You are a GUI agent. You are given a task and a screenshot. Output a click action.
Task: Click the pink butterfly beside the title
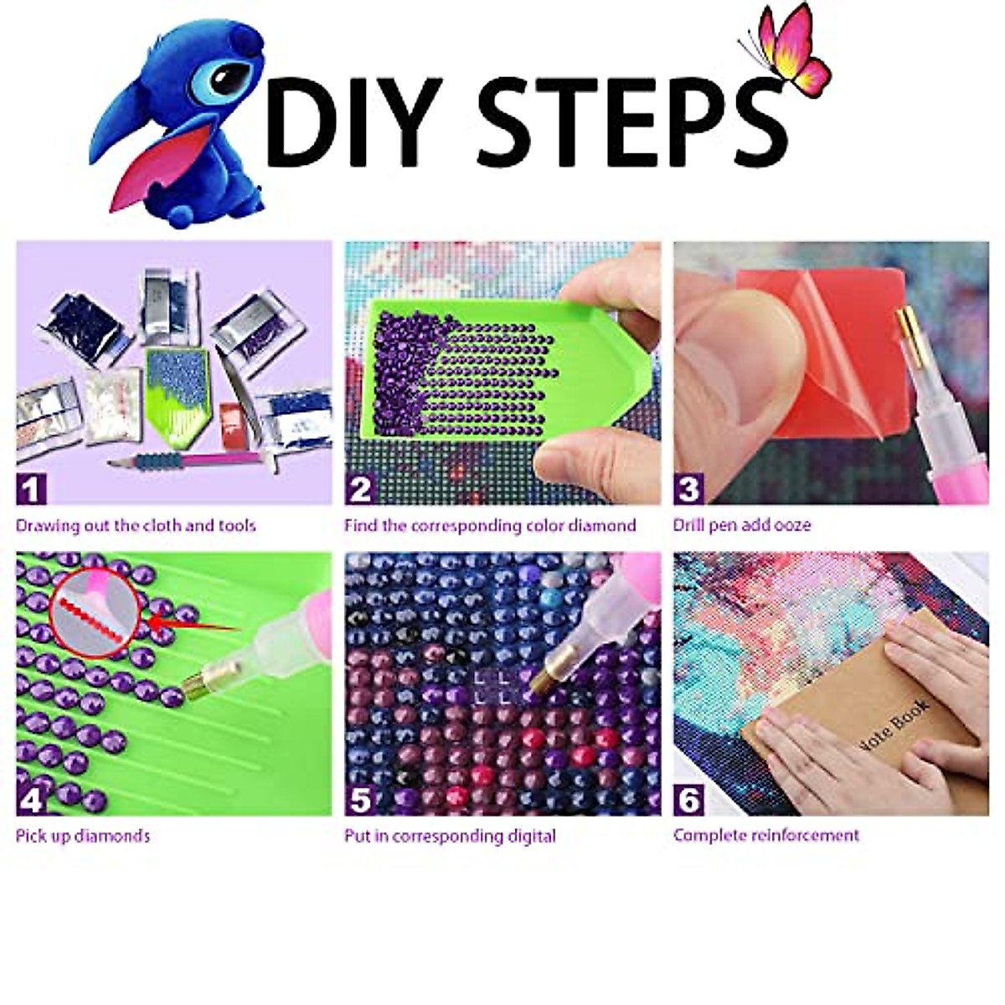tap(791, 50)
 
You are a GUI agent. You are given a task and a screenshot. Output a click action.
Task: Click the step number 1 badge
tap(31, 488)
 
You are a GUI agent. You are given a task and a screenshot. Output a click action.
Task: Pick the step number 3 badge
tap(688, 488)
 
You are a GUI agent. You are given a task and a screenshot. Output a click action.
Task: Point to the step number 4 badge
tap(31, 800)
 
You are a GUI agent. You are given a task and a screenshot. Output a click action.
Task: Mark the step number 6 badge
tap(688, 800)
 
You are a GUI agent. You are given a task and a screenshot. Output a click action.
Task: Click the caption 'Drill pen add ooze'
tap(742, 526)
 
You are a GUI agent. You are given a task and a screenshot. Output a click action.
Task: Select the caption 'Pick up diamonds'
tap(83, 836)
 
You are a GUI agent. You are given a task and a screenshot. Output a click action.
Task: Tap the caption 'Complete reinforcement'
tap(766, 836)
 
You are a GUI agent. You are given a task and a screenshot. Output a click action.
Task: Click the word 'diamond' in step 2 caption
tap(602, 526)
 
